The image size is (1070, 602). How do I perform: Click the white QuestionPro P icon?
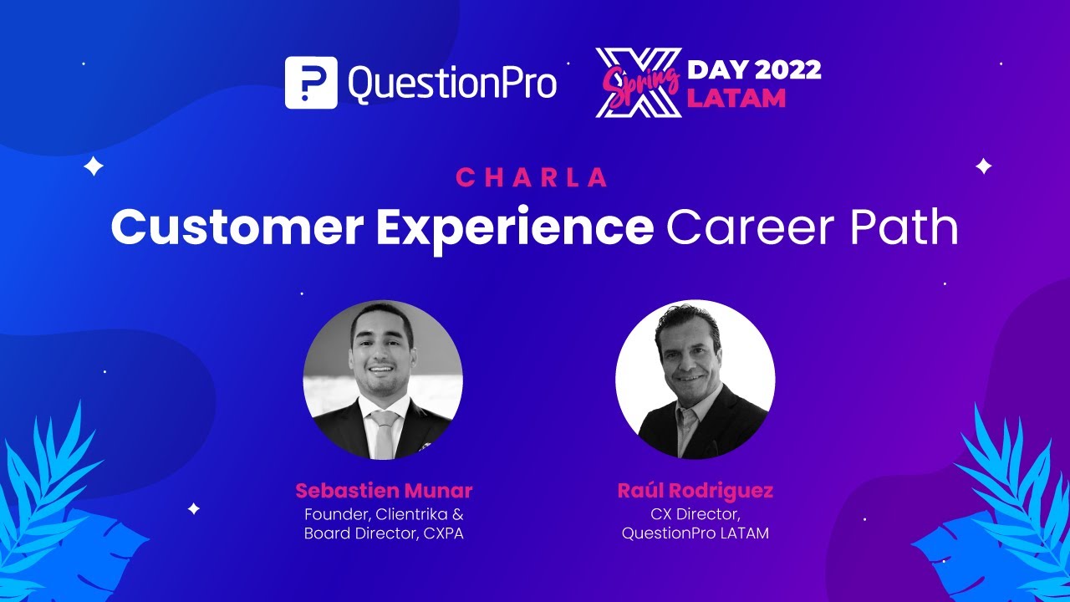pos(311,83)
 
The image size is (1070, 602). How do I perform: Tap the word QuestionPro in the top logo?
pos(452,83)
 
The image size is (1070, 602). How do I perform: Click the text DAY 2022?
pos(754,70)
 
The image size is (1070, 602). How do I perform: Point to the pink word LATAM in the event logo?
pos(736,98)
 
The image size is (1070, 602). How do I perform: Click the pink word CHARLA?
pos(532,177)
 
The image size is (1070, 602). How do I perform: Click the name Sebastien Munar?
pos(383,491)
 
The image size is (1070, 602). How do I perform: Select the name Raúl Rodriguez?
pos(695,491)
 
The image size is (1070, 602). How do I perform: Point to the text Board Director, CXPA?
pos(383,533)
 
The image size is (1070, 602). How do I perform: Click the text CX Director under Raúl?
pos(695,513)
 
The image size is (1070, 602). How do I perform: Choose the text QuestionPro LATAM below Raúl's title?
pos(695,533)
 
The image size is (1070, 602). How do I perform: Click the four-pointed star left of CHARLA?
pos(94,166)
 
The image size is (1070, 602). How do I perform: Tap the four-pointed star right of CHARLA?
pos(984,166)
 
